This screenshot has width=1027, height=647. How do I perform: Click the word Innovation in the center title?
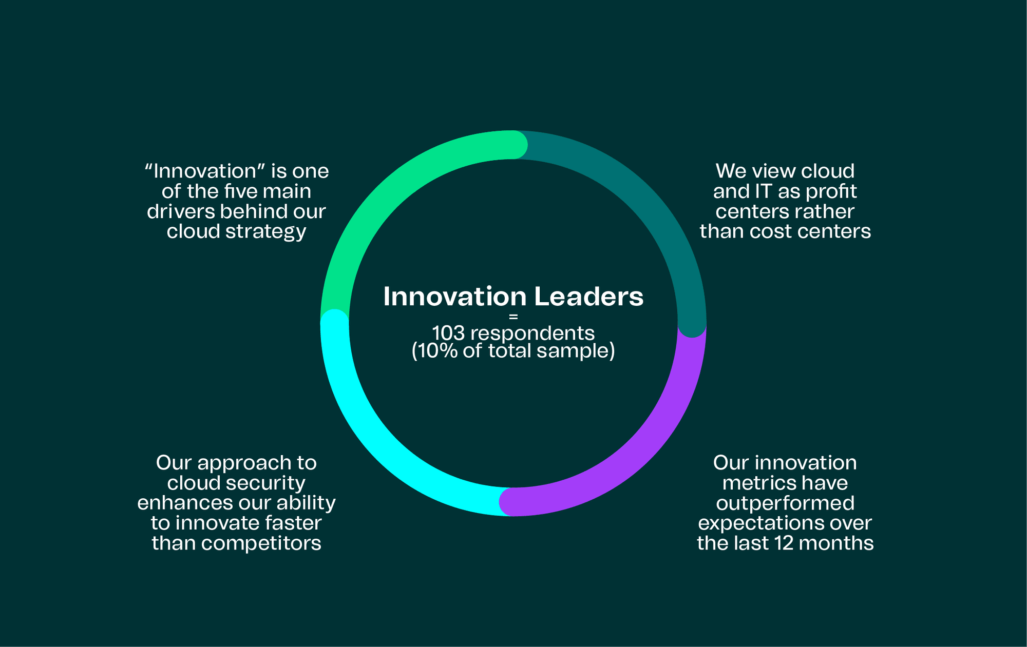tap(455, 297)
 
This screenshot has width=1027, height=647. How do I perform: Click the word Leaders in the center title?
tap(588, 297)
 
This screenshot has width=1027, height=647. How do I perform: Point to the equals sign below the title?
tap(513, 317)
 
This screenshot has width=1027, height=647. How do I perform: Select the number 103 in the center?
tap(448, 334)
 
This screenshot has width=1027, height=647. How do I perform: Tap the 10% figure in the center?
tap(436, 351)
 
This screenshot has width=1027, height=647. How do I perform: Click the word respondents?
tap(532, 334)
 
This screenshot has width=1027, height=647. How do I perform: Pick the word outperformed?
tap(785, 503)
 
